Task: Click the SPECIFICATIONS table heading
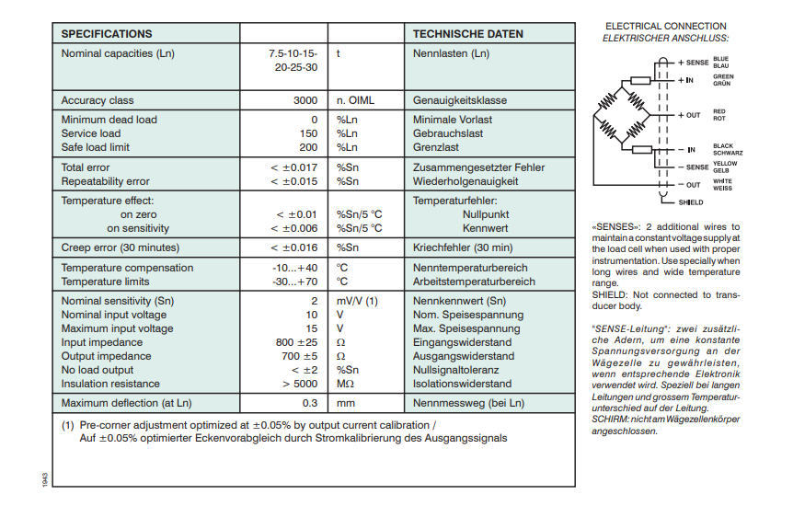coord(107,34)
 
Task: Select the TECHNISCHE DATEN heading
coord(467,34)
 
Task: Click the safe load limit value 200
coord(308,147)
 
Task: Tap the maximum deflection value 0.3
coord(310,403)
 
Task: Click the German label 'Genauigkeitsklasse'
coord(460,100)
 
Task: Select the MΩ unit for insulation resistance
coord(345,384)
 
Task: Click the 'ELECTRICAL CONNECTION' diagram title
coord(665,26)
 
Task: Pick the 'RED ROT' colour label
coord(719,115)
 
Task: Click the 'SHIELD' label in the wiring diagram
coord(690,201)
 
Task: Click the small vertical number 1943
coord(45,478)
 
